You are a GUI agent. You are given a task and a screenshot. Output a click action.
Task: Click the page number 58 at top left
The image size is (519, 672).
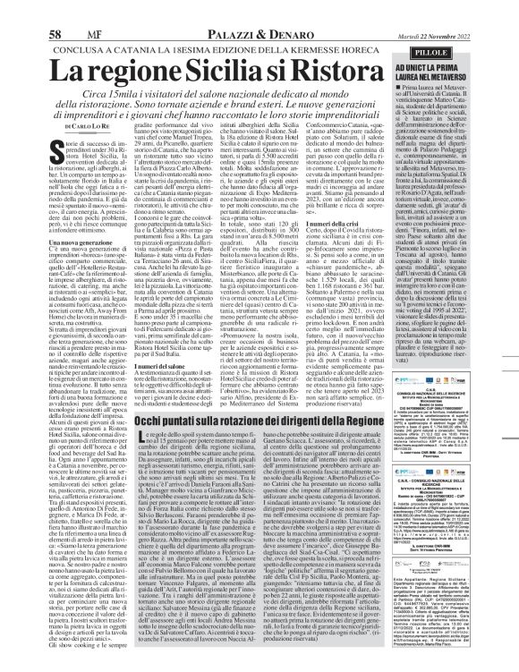click(x=15, y=10)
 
